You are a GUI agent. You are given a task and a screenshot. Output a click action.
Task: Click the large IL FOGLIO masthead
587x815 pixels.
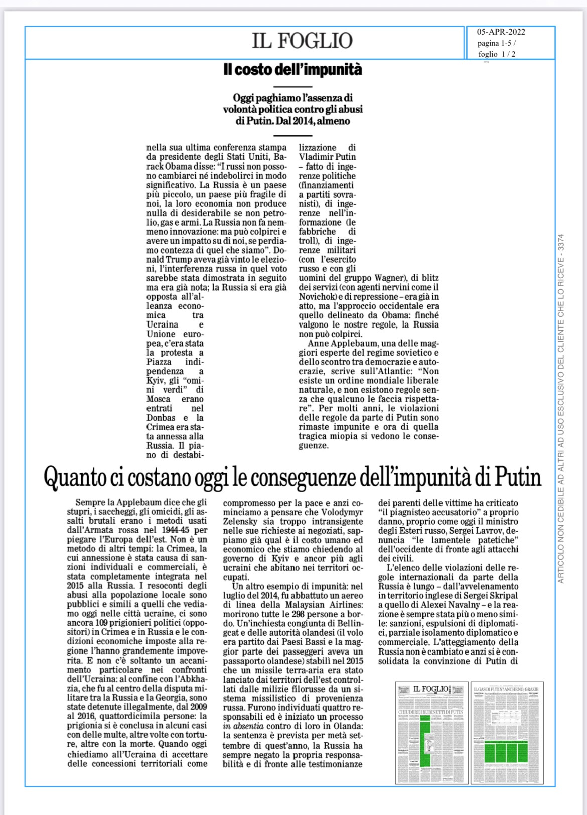302,41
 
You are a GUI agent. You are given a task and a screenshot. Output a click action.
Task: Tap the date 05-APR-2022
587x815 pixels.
501,32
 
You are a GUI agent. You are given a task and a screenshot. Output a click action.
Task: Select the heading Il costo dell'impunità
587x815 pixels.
292,70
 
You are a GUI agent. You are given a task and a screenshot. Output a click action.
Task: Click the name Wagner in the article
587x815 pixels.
384,278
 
